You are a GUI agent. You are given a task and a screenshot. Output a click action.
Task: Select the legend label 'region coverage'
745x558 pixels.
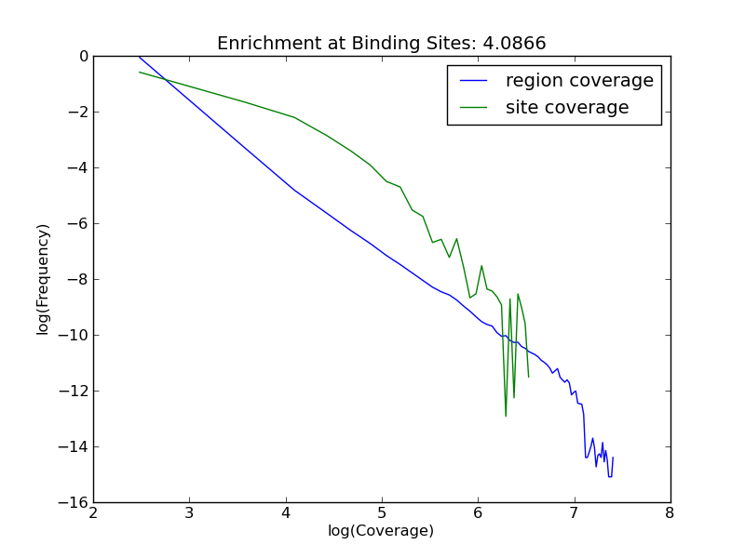[579, 81]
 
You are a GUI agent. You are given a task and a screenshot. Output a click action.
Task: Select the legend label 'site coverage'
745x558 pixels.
[567, 108]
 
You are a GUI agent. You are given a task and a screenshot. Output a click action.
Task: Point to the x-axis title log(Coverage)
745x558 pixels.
[381, 531]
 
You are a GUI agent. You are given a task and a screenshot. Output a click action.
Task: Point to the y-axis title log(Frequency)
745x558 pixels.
[44, 279]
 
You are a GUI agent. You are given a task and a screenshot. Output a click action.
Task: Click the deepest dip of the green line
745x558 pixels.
[506, 416]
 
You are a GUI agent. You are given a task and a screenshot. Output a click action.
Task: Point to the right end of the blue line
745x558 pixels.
[613, 457]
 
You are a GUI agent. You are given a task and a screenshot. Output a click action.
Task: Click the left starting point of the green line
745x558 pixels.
[140, 72]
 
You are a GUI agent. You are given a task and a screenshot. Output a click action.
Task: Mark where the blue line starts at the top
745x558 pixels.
[139, 57]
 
